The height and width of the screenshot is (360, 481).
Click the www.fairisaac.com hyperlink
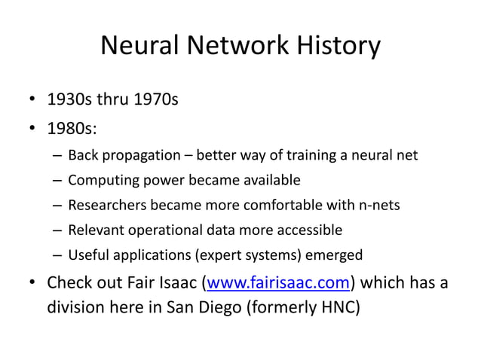(x=277, y=284)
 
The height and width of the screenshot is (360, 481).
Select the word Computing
(x=98, y=181)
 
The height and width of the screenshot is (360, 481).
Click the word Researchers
(x=104, y=205)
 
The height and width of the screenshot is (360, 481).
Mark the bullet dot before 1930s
(x=32, y=99)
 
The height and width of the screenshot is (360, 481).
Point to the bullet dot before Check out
(x=32, y=285)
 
